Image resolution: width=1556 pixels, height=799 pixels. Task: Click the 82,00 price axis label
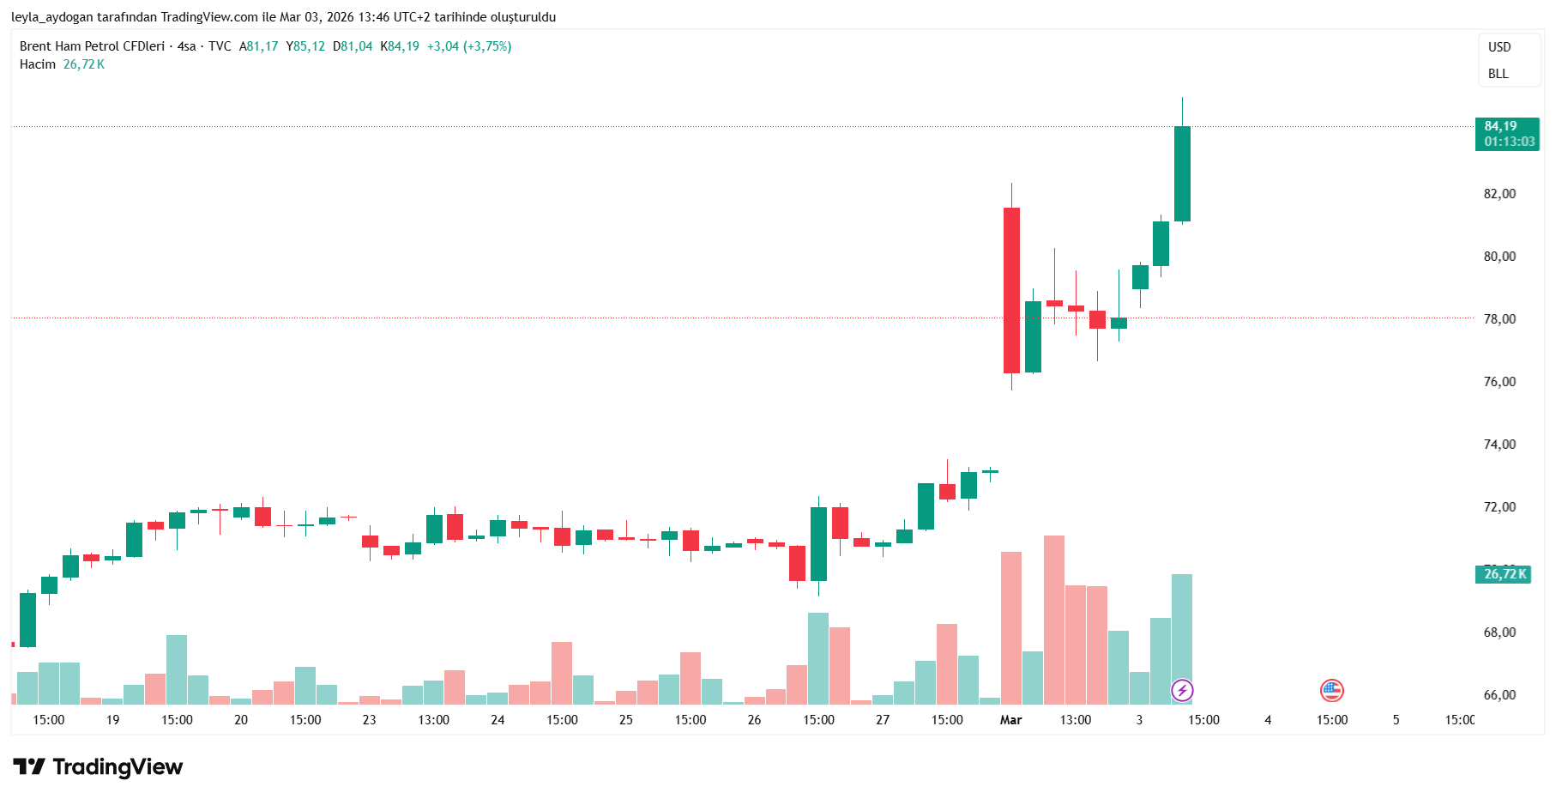[1499, 194]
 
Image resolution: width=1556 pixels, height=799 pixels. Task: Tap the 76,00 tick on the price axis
[1499, 382]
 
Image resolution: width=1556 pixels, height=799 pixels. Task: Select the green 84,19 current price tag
[1506, 134]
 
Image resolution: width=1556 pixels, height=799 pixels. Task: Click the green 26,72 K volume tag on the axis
[1505, 574]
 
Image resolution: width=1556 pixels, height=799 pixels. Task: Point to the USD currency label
[1499, 47]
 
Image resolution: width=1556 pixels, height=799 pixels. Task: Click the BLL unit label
[1499, 74]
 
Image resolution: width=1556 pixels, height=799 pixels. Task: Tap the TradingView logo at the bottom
[99, 766]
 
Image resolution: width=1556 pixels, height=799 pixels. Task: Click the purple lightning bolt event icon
[1182, 690]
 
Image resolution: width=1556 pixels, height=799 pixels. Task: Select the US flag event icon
[1331, 690]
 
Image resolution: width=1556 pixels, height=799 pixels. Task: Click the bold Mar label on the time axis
[1010, 720]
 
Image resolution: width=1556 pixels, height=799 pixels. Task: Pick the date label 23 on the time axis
[369, 720]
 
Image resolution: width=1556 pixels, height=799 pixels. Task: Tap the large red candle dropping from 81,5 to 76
[1011, 290]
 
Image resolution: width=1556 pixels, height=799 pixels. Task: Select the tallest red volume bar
[1053, 620]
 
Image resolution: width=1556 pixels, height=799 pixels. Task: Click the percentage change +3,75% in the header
[487, 46]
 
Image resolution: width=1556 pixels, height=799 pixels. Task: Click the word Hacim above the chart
[38, 64]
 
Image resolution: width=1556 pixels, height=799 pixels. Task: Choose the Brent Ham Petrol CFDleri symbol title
[92, 46]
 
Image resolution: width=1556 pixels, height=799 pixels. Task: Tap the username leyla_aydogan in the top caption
[52, 17]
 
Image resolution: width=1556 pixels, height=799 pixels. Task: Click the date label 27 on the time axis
[883, 720]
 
